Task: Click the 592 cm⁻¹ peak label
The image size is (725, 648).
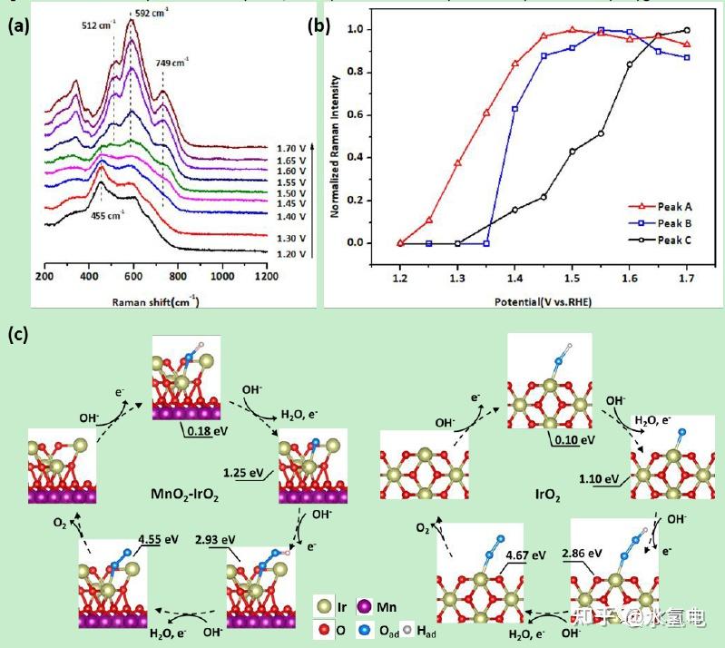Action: [x=154, y=12]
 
